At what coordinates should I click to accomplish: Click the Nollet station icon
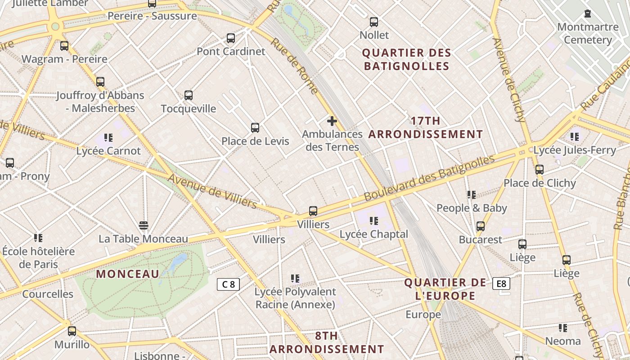pyautogui.click(x=373, y=22)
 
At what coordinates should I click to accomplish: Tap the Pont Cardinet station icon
pyautogui.click(x=231, y=38)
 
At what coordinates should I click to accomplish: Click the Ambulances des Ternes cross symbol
pyautogui.click(x=332, y=121)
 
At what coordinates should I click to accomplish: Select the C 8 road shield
pyautogui.click(x=228, y=284)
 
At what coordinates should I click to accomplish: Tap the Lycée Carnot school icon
pyautogui.click(x=108, y=137)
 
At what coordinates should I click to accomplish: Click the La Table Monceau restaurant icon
pyautogui.click(x=144, y=225)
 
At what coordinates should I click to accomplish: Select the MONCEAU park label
pyautogui.click(x=128, y=274)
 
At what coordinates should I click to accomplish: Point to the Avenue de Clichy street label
pyautogui.click(x=509, y=80)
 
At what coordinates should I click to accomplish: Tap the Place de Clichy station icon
pyautogui.click(x=539, y=170)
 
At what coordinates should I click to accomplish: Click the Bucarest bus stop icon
pyautogui.click(x=481, y=226)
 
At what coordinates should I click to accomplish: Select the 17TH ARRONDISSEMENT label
pyautogui.click(x=425, y=127)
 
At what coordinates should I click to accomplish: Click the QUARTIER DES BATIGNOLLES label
pyautogui.click(x=406, y=59)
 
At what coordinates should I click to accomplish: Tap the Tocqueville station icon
pyautogui.click(x=189, y=95)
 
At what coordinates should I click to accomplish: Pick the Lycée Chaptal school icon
pyautogui.click(x=373, y=220)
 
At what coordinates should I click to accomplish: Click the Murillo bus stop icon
pyautogui.click(x=72, y=331)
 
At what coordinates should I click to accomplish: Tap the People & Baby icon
pyautogui.click(x=471, y=194)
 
